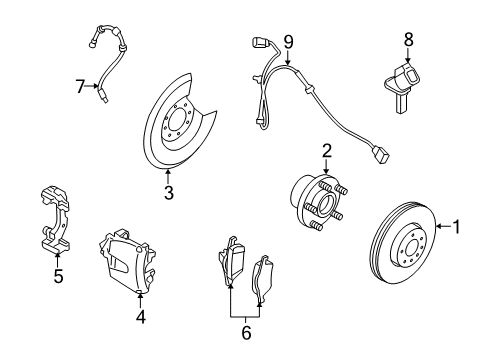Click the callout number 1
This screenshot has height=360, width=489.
click(457, 255)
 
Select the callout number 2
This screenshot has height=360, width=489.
click(326, 151)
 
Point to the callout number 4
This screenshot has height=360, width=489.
click(140, 318)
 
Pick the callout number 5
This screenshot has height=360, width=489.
click(58, 277)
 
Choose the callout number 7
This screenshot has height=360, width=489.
click(81, 89)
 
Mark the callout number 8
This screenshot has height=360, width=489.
click(408, 38)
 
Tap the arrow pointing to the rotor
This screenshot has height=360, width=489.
click(441, 255)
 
